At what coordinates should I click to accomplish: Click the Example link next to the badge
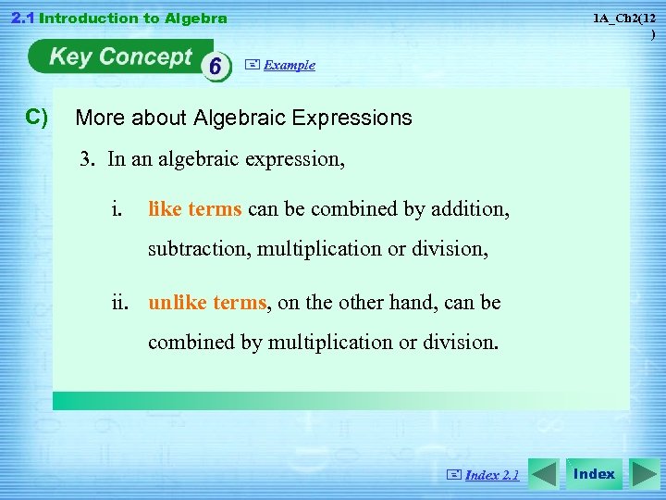tap(289, 65)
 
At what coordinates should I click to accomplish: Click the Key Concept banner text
tap(119, 57)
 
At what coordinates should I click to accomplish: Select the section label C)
tap(37, 117)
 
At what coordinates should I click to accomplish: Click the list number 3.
tap(86, 159)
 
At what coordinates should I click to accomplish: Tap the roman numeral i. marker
tap(116, 209)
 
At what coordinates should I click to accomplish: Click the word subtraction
tap(199, 249)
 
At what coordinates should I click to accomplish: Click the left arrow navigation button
tap(545, 474)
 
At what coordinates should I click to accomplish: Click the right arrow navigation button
tap(644, 474)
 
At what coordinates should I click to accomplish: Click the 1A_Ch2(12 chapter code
tap(624, 19)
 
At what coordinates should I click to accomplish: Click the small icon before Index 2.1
tap(453, 475)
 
